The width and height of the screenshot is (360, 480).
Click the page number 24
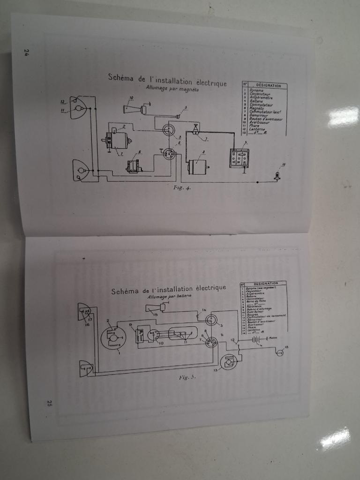27,52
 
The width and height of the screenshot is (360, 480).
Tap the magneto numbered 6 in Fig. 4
135,166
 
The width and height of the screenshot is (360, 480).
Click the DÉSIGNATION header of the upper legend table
268,86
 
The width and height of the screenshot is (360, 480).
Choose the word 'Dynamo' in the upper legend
256,90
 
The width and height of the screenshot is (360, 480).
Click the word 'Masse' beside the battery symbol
273,337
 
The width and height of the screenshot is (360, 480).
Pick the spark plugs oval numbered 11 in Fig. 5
187,334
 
